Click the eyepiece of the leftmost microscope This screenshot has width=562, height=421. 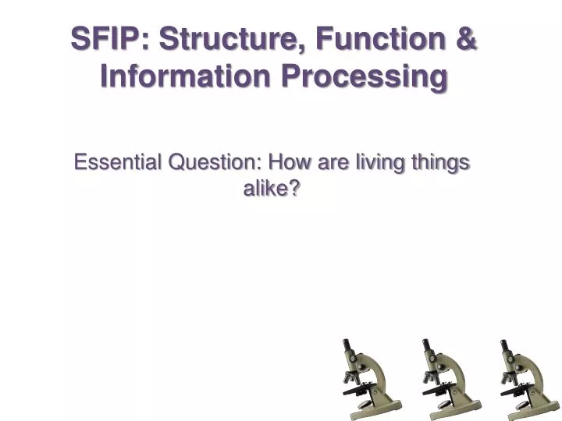347,346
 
